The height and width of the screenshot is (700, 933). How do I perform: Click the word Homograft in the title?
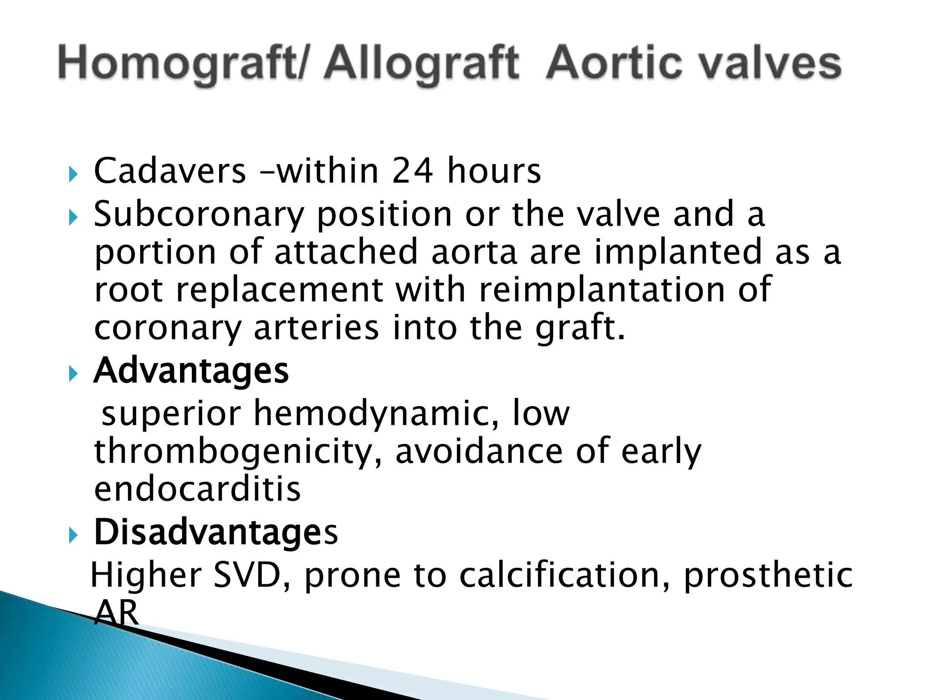180,64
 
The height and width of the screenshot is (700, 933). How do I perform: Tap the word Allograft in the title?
421,64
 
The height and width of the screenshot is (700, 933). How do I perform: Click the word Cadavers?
169,171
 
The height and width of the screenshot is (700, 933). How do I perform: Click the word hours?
494,171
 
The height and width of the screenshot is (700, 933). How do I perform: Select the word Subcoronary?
199,214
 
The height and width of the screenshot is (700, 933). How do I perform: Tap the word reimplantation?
602,290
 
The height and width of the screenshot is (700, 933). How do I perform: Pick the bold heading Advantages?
191,371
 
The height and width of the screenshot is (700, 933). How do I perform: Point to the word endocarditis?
197,489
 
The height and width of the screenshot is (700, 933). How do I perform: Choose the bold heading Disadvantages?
216,532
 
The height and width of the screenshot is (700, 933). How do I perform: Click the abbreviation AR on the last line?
116,613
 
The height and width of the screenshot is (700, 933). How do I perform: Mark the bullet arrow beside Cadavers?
73,174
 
